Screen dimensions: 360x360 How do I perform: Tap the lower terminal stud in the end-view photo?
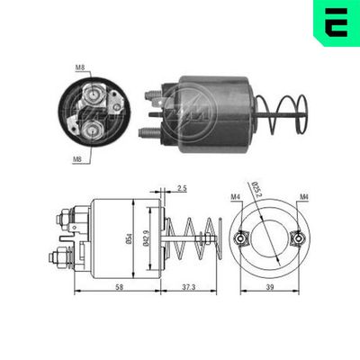[93, 130]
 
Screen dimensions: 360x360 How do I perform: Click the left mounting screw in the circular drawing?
[241, 238]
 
